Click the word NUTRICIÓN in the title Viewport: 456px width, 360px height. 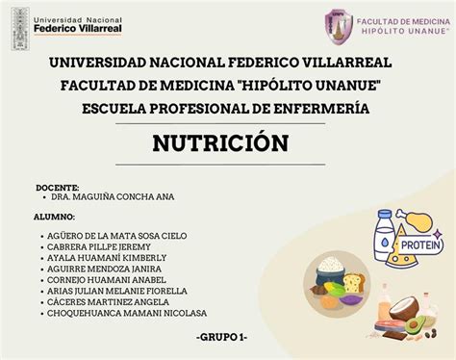[x=220, y=143]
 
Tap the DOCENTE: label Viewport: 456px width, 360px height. [x=58, y=188]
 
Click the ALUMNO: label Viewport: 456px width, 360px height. [x=55, y=218]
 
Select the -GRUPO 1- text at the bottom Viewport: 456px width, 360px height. [x=220, y=337]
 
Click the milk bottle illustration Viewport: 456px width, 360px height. [x=385, y=235]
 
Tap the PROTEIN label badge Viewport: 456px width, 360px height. [x=421, y=245]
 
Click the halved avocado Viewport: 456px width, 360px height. [x=415, y=325]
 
